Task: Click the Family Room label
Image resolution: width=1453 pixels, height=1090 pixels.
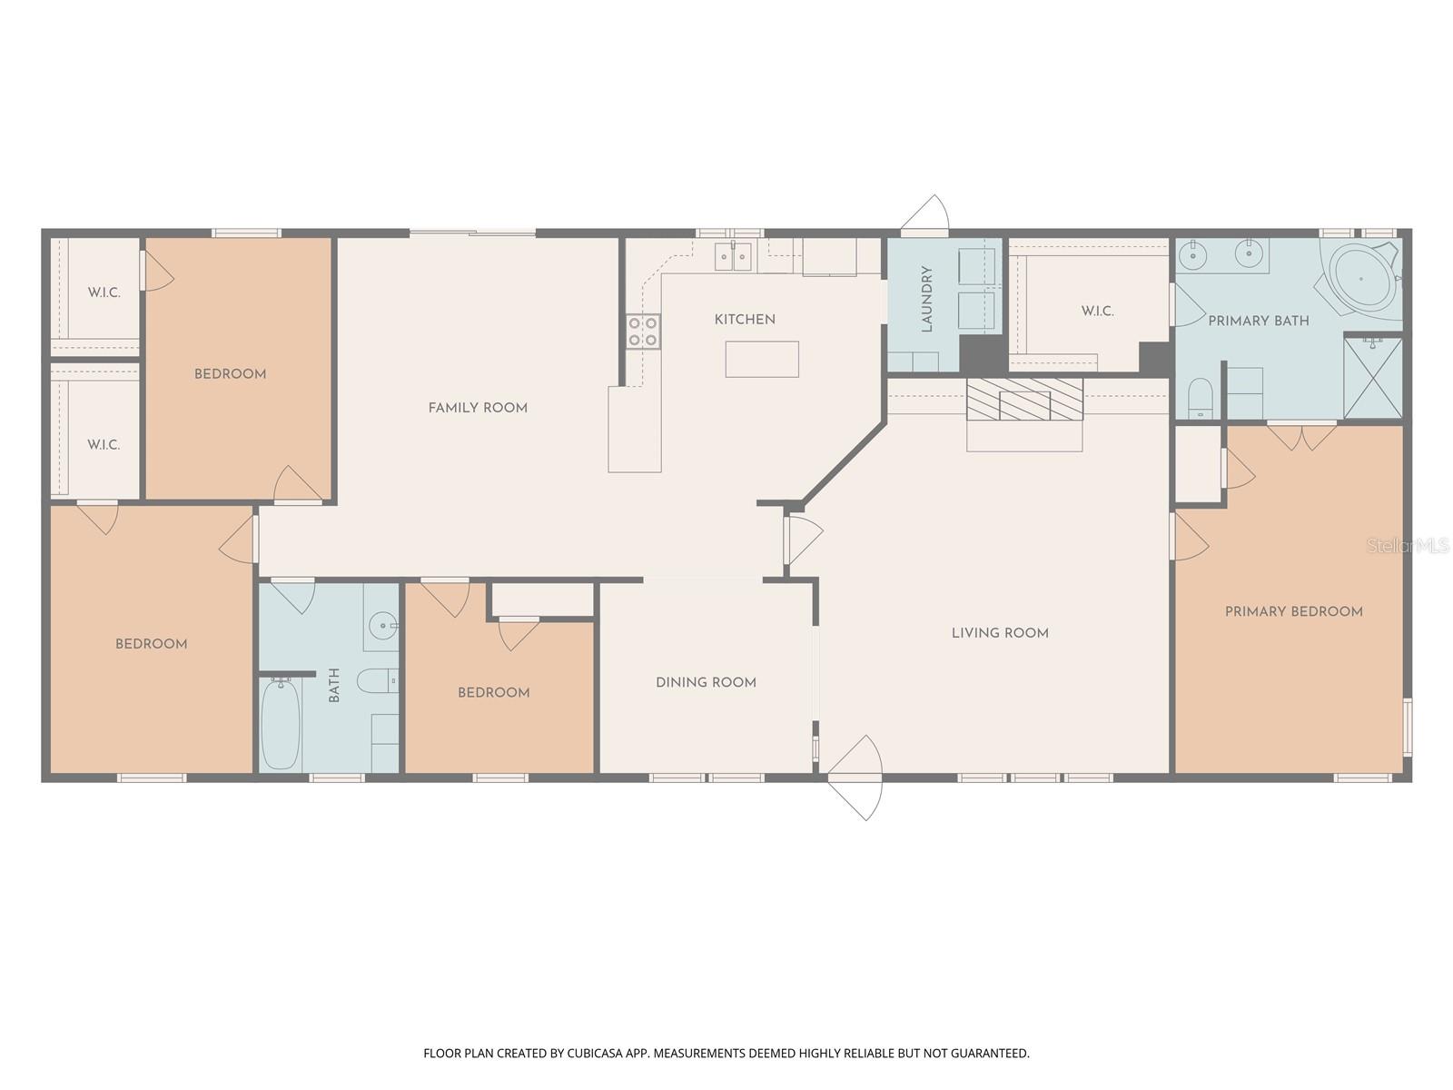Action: tap(478, 408)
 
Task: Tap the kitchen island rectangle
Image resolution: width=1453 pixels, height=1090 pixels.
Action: tap(762, 359)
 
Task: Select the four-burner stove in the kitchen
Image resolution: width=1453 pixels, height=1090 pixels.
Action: tap(643, 331)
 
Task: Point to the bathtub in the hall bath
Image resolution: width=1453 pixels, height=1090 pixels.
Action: tap(281, 724)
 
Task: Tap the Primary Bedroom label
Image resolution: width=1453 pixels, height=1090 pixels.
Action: tap(1293, 611)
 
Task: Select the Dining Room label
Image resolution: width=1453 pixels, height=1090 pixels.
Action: tap(706, 682)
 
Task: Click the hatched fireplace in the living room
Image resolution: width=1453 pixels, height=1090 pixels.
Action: tap(1024, 400)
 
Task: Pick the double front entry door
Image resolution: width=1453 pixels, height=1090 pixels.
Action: tap(855, 777)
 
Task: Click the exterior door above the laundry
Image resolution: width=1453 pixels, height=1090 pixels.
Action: tap(925, 215)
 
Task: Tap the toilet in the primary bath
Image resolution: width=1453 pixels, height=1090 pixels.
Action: tap(1200, 397)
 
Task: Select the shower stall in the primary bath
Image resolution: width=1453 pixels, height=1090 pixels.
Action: tap(1372, 378)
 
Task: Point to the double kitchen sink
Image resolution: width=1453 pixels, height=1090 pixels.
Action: tap(733, 257)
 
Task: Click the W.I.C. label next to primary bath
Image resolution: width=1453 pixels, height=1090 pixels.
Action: tap(1097, 312)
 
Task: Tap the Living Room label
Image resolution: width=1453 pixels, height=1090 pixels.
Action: tap(1000, 633)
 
